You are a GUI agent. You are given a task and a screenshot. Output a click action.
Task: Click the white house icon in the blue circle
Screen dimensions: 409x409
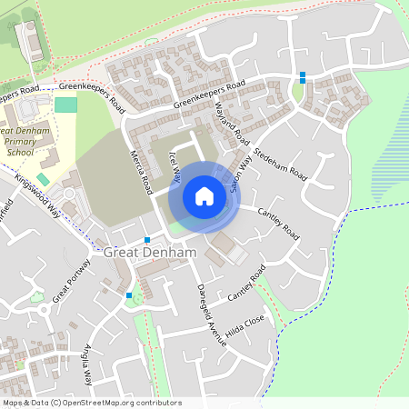[x=204, y=195]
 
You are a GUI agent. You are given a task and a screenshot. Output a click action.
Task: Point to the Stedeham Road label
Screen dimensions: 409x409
[x=281, y=163]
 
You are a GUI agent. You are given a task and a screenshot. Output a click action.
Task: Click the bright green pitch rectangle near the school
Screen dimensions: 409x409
[x=65, y=105]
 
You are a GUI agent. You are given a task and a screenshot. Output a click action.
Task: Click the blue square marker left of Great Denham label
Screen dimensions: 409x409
[x=147, y=239]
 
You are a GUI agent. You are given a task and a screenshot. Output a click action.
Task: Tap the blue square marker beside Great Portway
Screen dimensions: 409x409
[x=129, y=294]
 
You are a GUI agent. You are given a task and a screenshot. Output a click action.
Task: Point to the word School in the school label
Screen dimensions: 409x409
[x=20, y=153]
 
